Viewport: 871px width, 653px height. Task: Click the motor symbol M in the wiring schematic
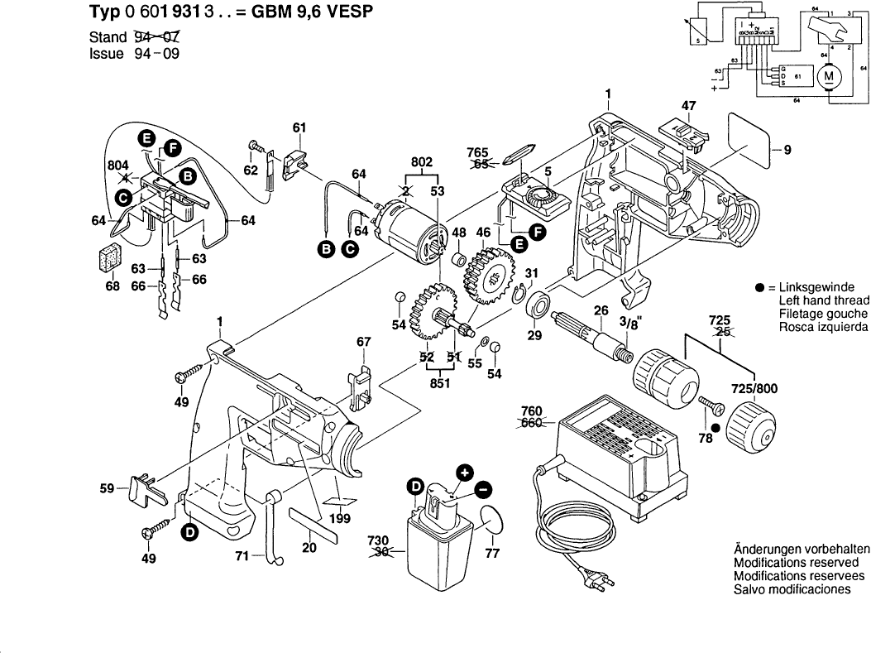point(827,78)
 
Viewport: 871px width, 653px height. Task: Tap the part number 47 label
point(688,106)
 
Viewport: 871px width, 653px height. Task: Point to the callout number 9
point(787,150)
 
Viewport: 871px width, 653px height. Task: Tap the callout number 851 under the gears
point(439,383)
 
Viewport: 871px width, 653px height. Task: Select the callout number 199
point(338,519)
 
